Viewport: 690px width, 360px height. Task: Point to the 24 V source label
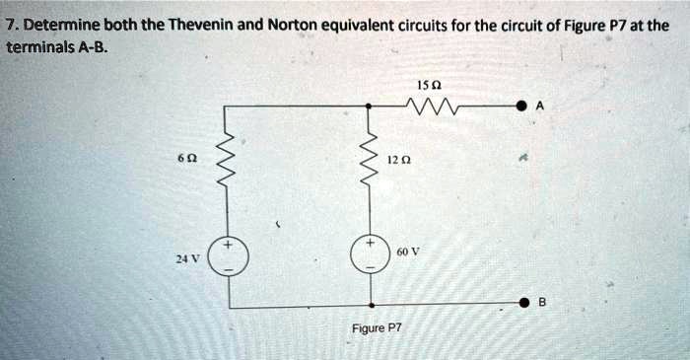coord(188,258)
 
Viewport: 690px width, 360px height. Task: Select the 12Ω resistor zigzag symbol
coord(372,158)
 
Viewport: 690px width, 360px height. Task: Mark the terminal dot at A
coord(524,104)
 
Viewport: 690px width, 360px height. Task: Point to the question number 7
coord(10,23)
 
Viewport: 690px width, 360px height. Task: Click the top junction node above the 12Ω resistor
coord(372,104)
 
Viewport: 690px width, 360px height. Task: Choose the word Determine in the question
coord(54,23)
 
